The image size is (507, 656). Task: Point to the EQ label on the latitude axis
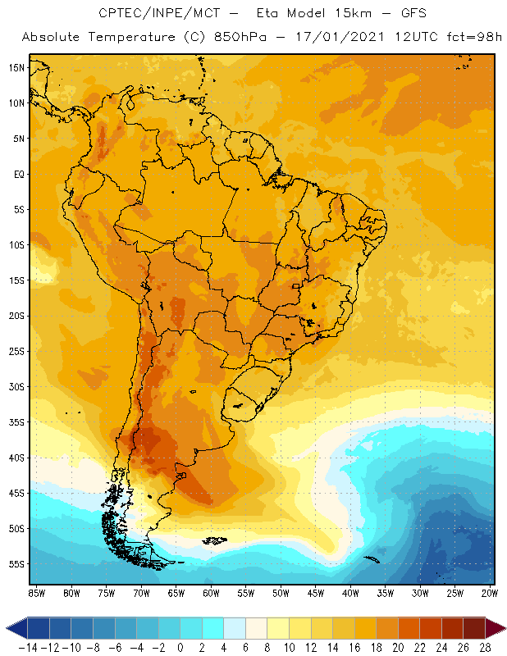pos(16,174)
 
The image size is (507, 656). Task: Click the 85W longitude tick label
pos(36,592)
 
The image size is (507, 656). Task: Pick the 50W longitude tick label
pos(281,592)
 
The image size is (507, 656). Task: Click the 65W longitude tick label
pos(176,592)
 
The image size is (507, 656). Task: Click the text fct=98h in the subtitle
pos(471,37)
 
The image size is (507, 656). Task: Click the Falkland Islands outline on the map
pos(215,540)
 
